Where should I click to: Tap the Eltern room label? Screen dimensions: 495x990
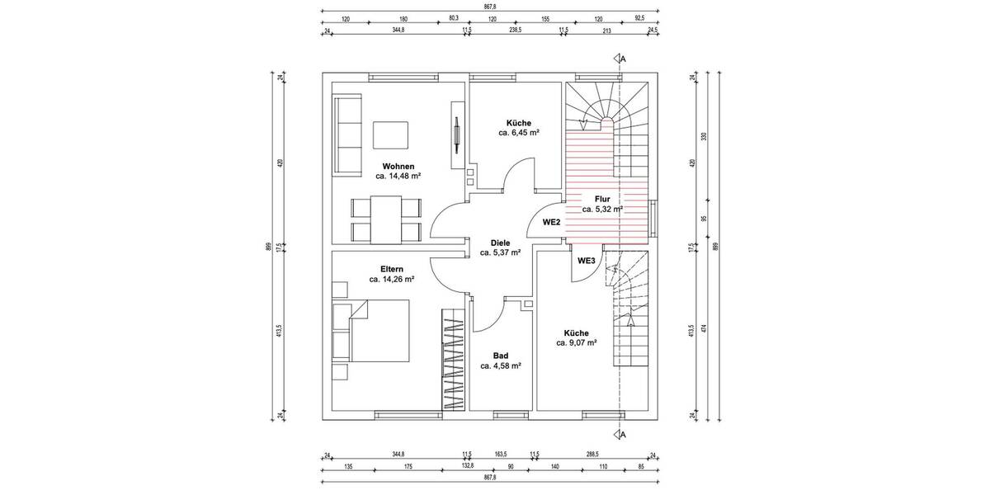[x=392, y=269]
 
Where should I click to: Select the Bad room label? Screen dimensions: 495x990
[x=501, y=356]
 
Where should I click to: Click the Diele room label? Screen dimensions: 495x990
[x=500, y=243]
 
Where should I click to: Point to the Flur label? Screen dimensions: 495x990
[x=601, y=199]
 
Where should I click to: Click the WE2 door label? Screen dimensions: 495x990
[x=552, y=223]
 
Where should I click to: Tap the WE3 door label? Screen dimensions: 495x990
[x=587, y=261]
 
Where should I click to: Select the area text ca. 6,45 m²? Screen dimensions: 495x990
[x=518, y=132]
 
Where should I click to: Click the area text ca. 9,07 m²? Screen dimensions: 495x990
[x=576, y=342]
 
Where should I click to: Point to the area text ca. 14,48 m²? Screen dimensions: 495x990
[x=398, y=176]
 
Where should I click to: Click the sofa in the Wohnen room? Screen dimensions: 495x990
[x=347, y=134]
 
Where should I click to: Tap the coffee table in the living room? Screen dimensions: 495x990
[x=390, y=134]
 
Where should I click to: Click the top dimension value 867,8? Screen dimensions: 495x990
[x=489, y=6]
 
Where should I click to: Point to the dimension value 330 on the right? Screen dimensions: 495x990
[x=704, y=136]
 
